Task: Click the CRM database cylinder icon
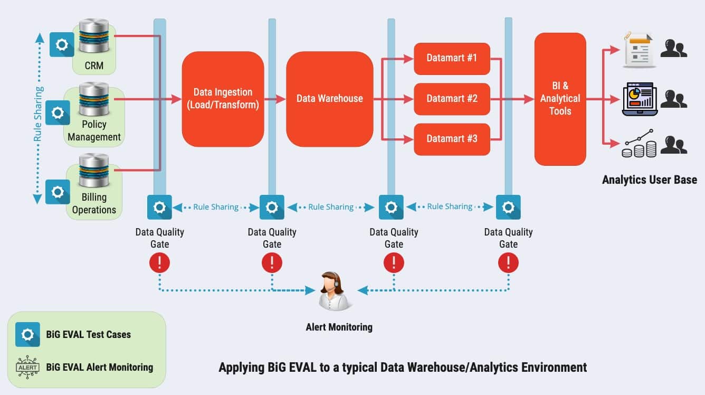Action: click(x=93, y=36)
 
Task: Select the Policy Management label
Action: click(x=94, y=130)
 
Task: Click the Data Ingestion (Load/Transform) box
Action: click(x=223, y=99)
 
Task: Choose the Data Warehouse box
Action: click(x=330, y=99)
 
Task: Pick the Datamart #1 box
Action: click(x=452, y=58)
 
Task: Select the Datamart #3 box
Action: click(x=452, y=139)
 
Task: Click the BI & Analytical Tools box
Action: click(x=560, y=99)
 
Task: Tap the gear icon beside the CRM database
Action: click(x=62, y=44)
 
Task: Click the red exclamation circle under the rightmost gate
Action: click(x=508, y=262)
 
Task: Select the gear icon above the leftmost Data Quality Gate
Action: click(x=159, y=207)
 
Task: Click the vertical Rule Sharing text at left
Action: click(x=37, y=114)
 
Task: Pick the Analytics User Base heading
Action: click(x=649, y=180)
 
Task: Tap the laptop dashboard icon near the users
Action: click(x=639, y=99)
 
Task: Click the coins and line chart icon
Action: click(x=639, y=144)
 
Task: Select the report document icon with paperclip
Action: click(x=639, y=50)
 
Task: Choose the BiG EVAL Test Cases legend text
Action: click(x=88, y=334)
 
